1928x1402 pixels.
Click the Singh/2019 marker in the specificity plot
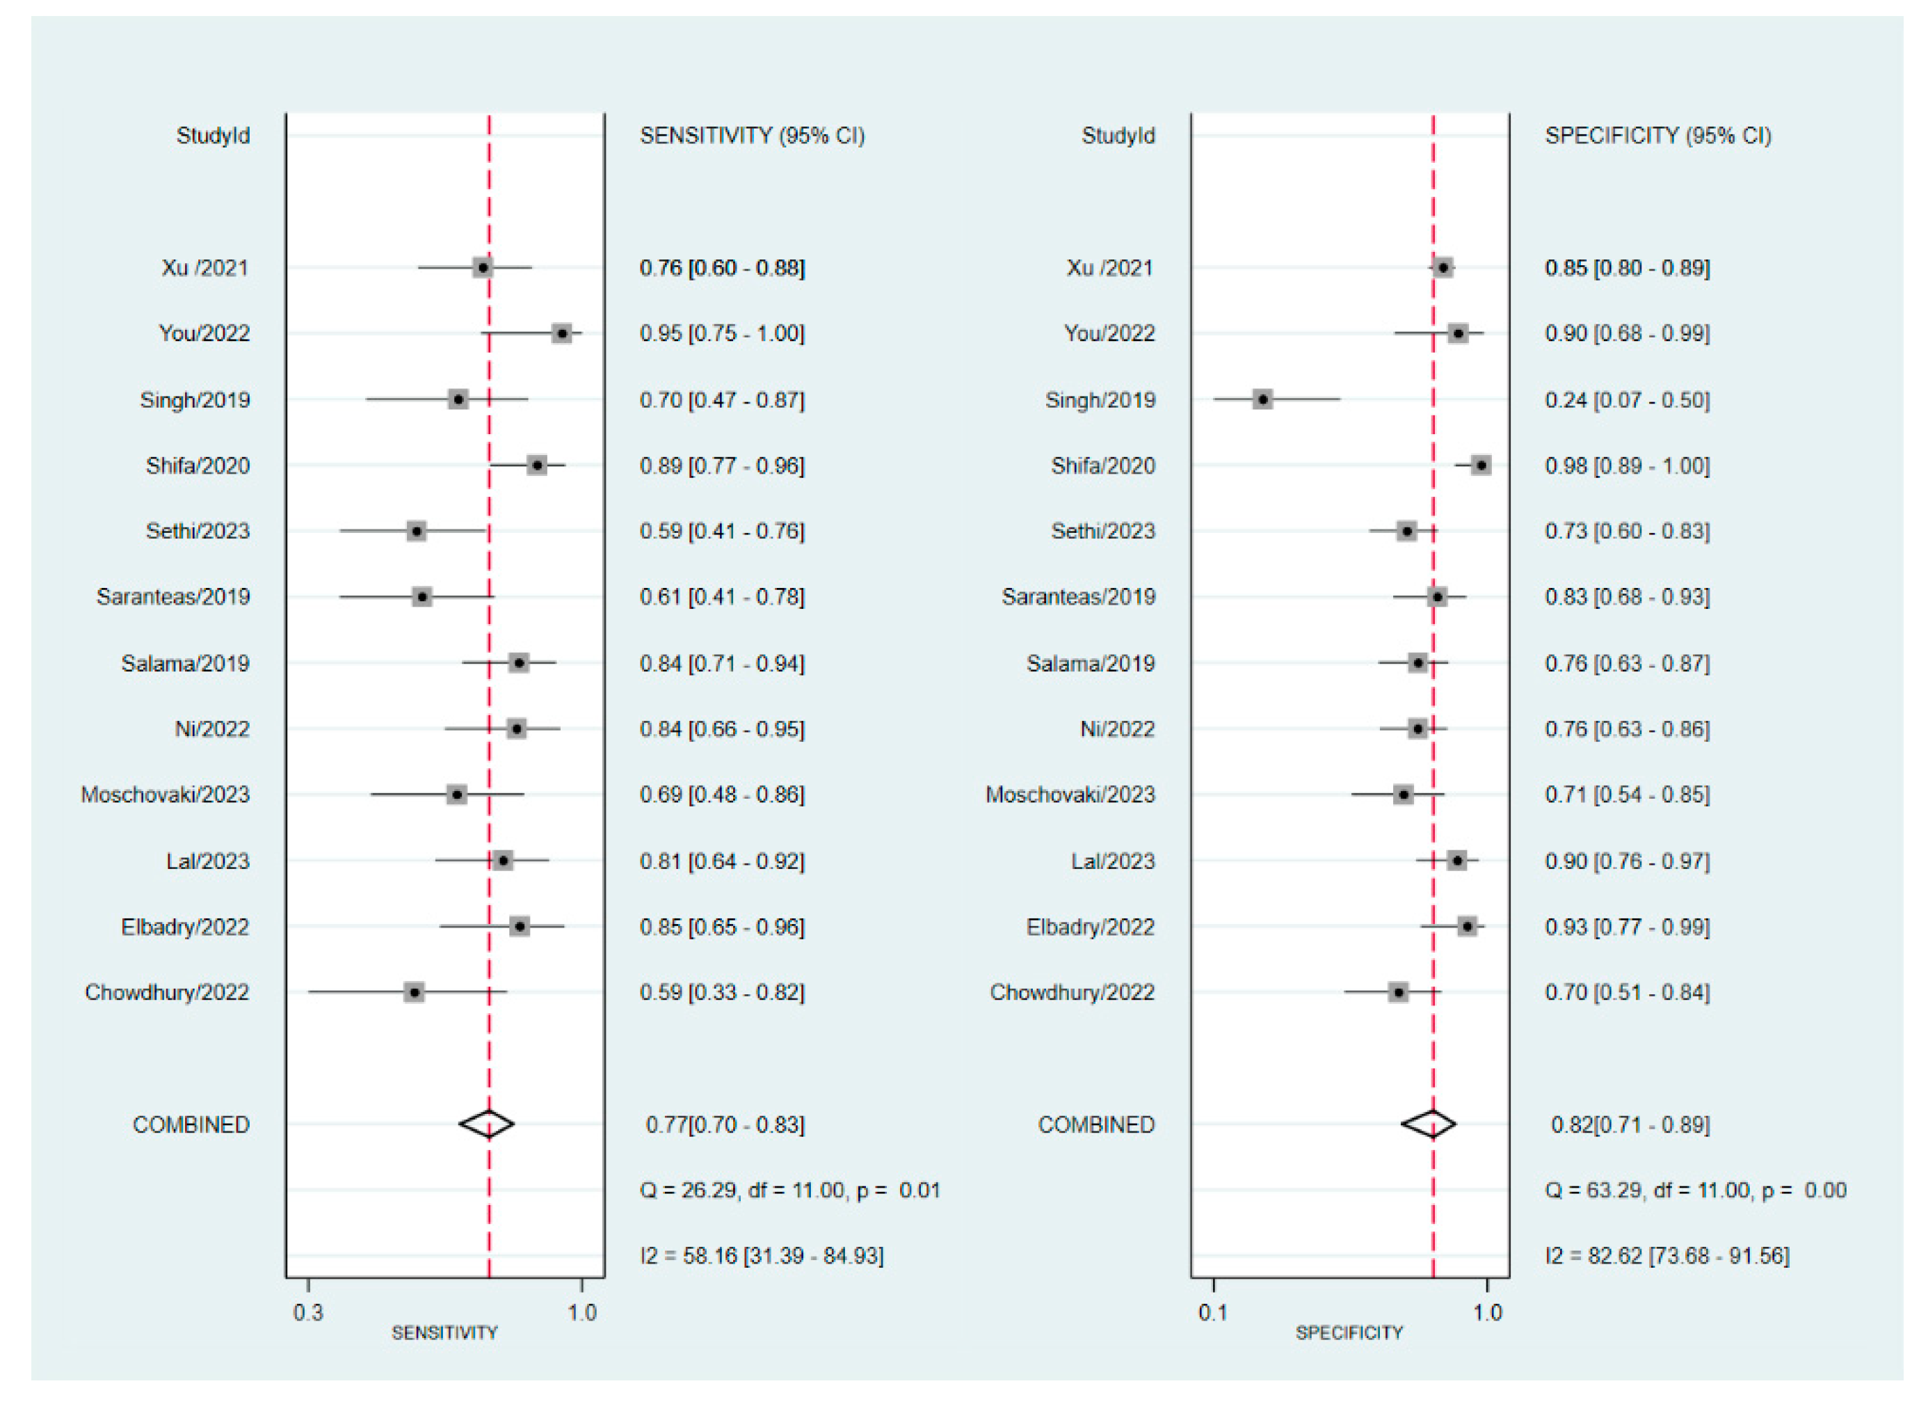coord(1262,399)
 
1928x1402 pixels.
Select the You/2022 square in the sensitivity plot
coord(561,333)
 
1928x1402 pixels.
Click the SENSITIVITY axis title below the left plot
coord(444,1332)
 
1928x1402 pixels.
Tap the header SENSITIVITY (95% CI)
coord(751,136)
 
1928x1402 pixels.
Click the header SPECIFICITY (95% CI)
coord(1657,136)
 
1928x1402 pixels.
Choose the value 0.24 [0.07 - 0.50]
coord(1626,399)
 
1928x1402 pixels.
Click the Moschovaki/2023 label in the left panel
coord(165,794)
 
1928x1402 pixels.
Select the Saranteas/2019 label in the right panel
coord(1078,597)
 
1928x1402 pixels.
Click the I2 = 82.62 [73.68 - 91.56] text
coord(1666,1255)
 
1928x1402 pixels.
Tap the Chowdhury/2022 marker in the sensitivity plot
coord(414,992)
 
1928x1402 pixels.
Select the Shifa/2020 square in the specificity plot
coord(1481,465)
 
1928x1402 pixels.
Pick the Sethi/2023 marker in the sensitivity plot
coord(416,532)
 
